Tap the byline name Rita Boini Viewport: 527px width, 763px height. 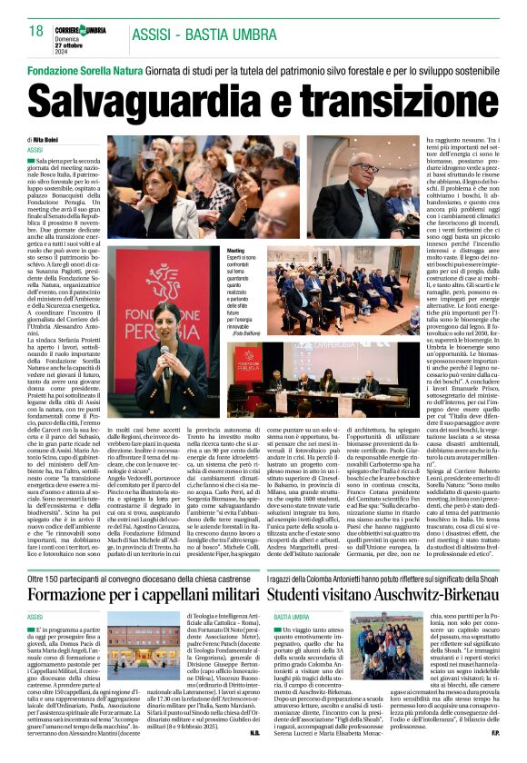pos(46,139)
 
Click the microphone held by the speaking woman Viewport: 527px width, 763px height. pos(165,350)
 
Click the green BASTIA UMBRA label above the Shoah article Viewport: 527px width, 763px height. pos(292,590)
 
